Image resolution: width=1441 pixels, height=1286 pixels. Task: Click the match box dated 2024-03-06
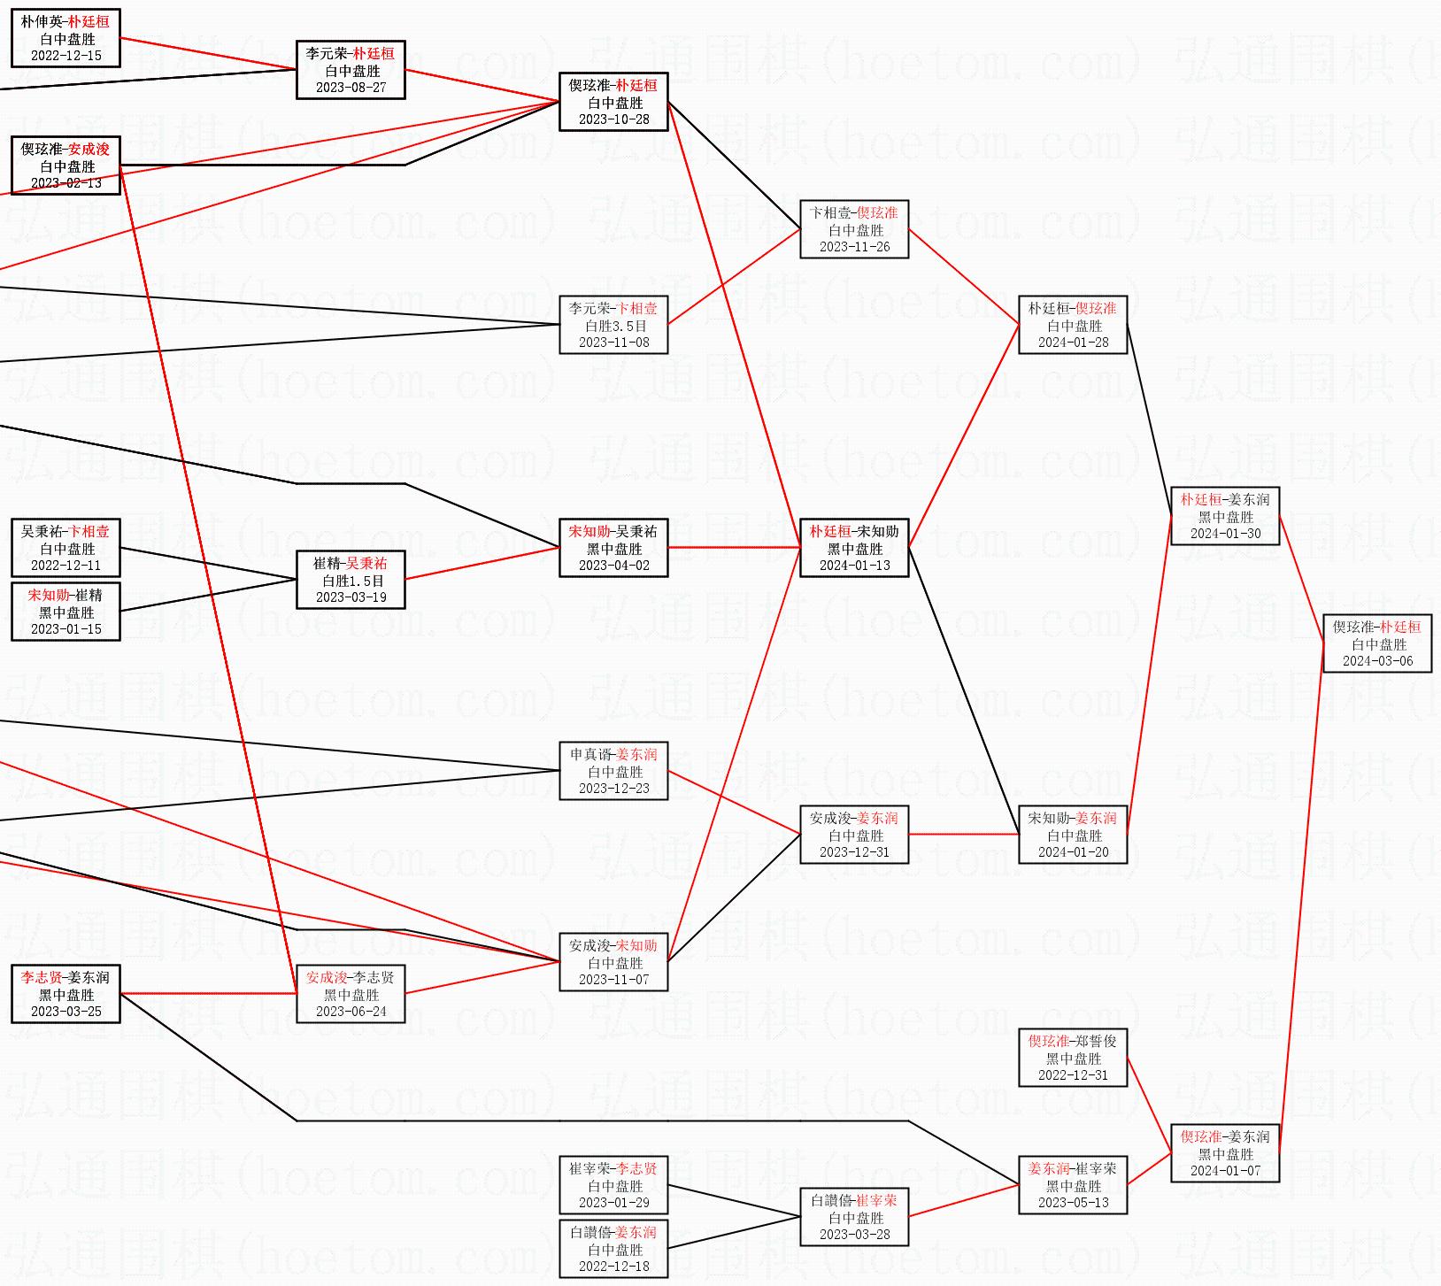click(x=1377, y=643)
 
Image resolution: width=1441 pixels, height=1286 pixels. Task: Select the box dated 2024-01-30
click(x=1225, y=516)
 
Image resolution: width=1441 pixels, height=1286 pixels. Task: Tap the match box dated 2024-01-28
click(x=1073, y=325)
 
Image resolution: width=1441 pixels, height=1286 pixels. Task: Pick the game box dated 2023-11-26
click(x=854, y=229)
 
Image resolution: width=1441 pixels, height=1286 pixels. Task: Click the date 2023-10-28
click(x=613, y=119)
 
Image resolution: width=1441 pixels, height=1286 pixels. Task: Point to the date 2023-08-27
click(x=351, y=88)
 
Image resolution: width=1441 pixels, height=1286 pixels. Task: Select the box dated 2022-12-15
click(x=65, y=38)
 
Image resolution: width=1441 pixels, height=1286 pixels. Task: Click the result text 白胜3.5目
click(x=615, y=326)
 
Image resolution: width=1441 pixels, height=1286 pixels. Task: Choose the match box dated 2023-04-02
click(x=613, y=548)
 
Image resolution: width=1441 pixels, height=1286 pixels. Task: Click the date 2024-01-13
click(x=854, y=566)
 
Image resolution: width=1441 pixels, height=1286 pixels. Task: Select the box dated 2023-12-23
click(x=613, y=771)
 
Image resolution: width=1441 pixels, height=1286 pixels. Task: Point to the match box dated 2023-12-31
click(x=854, y=835)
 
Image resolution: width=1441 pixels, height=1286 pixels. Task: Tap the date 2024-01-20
click(x=1073, y=852)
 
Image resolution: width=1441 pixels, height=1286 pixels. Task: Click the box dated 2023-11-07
click(x=613, y=962)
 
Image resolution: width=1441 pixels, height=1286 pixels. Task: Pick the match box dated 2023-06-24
click(x=351, y=994)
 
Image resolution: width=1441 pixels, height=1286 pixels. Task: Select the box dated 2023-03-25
click(x=65, y=994)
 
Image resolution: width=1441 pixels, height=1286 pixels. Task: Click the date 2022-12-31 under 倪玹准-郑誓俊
click(x=1073, y=1075)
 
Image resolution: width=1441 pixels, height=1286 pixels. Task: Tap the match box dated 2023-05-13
click(x=1073, y=1185)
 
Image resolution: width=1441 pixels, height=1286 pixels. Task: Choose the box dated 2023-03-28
click(x=854, y=1217)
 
